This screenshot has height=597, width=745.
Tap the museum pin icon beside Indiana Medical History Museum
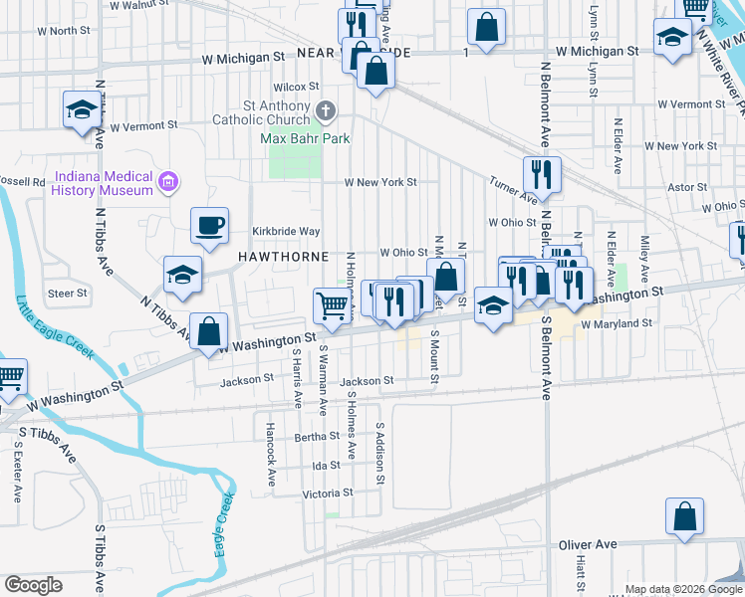169,181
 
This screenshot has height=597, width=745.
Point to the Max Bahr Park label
305,138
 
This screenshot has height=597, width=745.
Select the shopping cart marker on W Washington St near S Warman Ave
333,304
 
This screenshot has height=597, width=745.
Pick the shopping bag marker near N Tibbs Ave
209,332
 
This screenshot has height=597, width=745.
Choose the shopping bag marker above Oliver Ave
685,517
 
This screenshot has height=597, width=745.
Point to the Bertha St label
318,437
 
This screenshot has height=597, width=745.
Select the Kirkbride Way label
285,231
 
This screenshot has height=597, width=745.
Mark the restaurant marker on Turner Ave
542,175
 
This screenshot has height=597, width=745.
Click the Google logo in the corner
34,585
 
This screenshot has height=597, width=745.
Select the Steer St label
68,294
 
